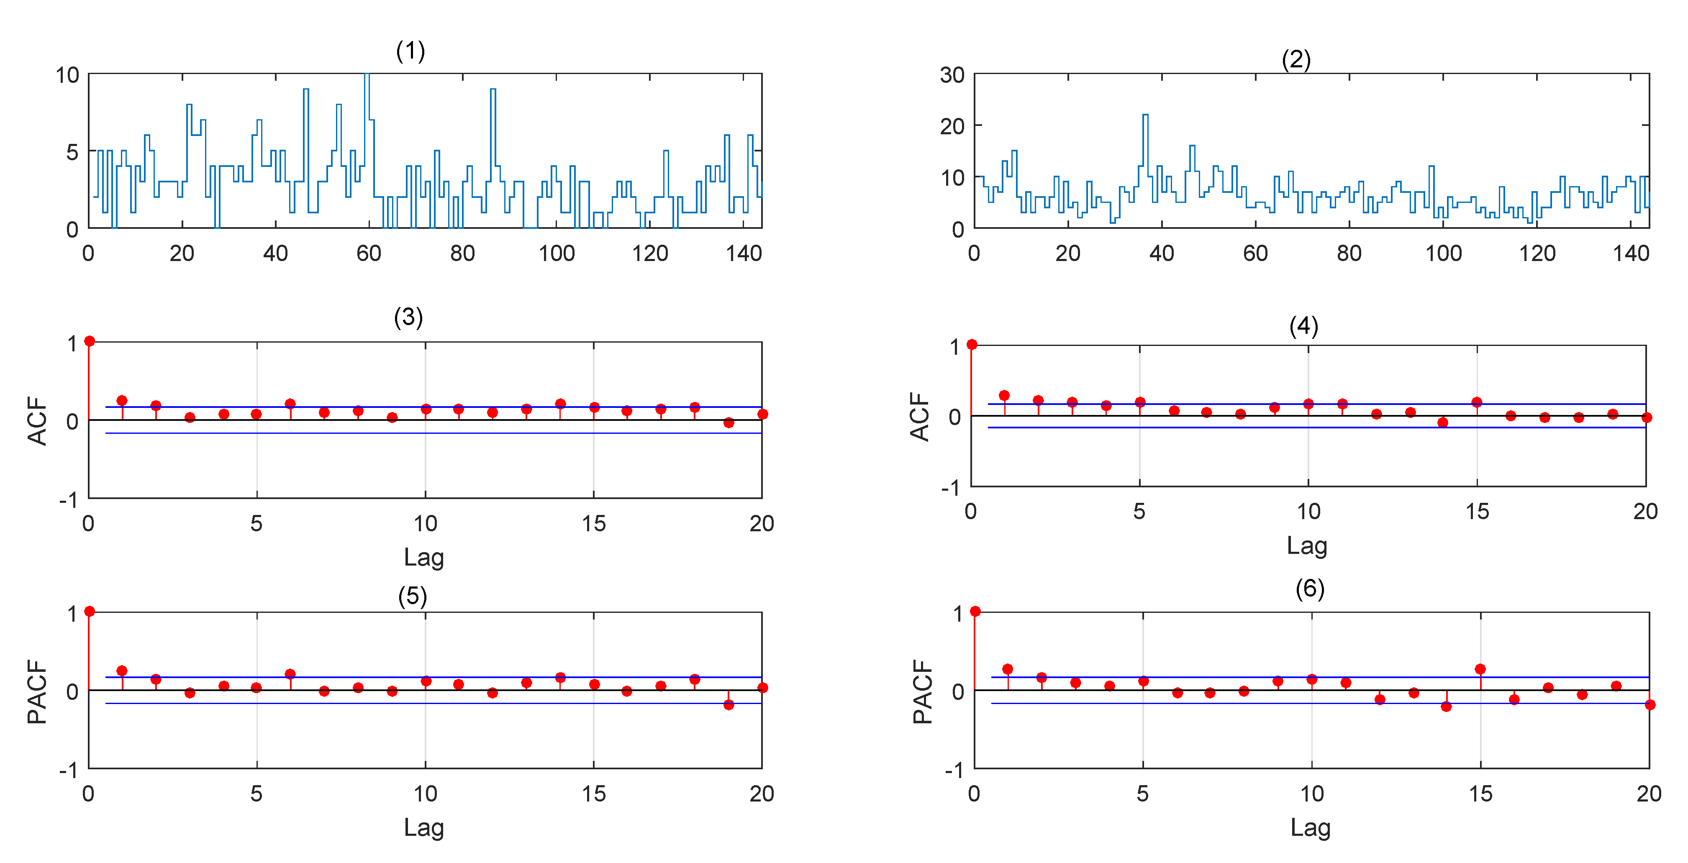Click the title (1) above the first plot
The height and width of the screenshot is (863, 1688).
click(410, 51)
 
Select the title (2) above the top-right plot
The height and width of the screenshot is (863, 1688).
click(1296, 60)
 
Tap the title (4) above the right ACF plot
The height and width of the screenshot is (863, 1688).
click(1303, 326)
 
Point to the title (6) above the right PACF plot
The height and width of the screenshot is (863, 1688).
click(1309, 589)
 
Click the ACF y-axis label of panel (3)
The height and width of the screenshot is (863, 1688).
click(37, 421)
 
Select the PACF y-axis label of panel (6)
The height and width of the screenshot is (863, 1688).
click(923, 691)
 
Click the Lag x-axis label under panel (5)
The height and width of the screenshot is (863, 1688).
click(423, 827)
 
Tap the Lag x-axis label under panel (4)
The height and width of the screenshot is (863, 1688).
click(1307, 545)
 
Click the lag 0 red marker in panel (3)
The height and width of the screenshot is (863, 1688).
click(90, 341)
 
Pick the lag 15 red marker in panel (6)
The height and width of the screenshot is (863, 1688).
click(1480, 669)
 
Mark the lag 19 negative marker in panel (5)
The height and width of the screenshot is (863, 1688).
click(728, 704)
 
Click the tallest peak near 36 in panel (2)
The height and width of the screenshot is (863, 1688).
click(1145, 115)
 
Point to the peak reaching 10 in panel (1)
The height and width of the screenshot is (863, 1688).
click(367, 75)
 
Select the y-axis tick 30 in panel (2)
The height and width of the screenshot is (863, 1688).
click(952, 75)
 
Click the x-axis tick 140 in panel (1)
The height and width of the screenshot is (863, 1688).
click(743, 254)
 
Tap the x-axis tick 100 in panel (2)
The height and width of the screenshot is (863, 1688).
click(1443, 254)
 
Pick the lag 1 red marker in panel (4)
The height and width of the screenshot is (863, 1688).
click(1004, 396)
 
